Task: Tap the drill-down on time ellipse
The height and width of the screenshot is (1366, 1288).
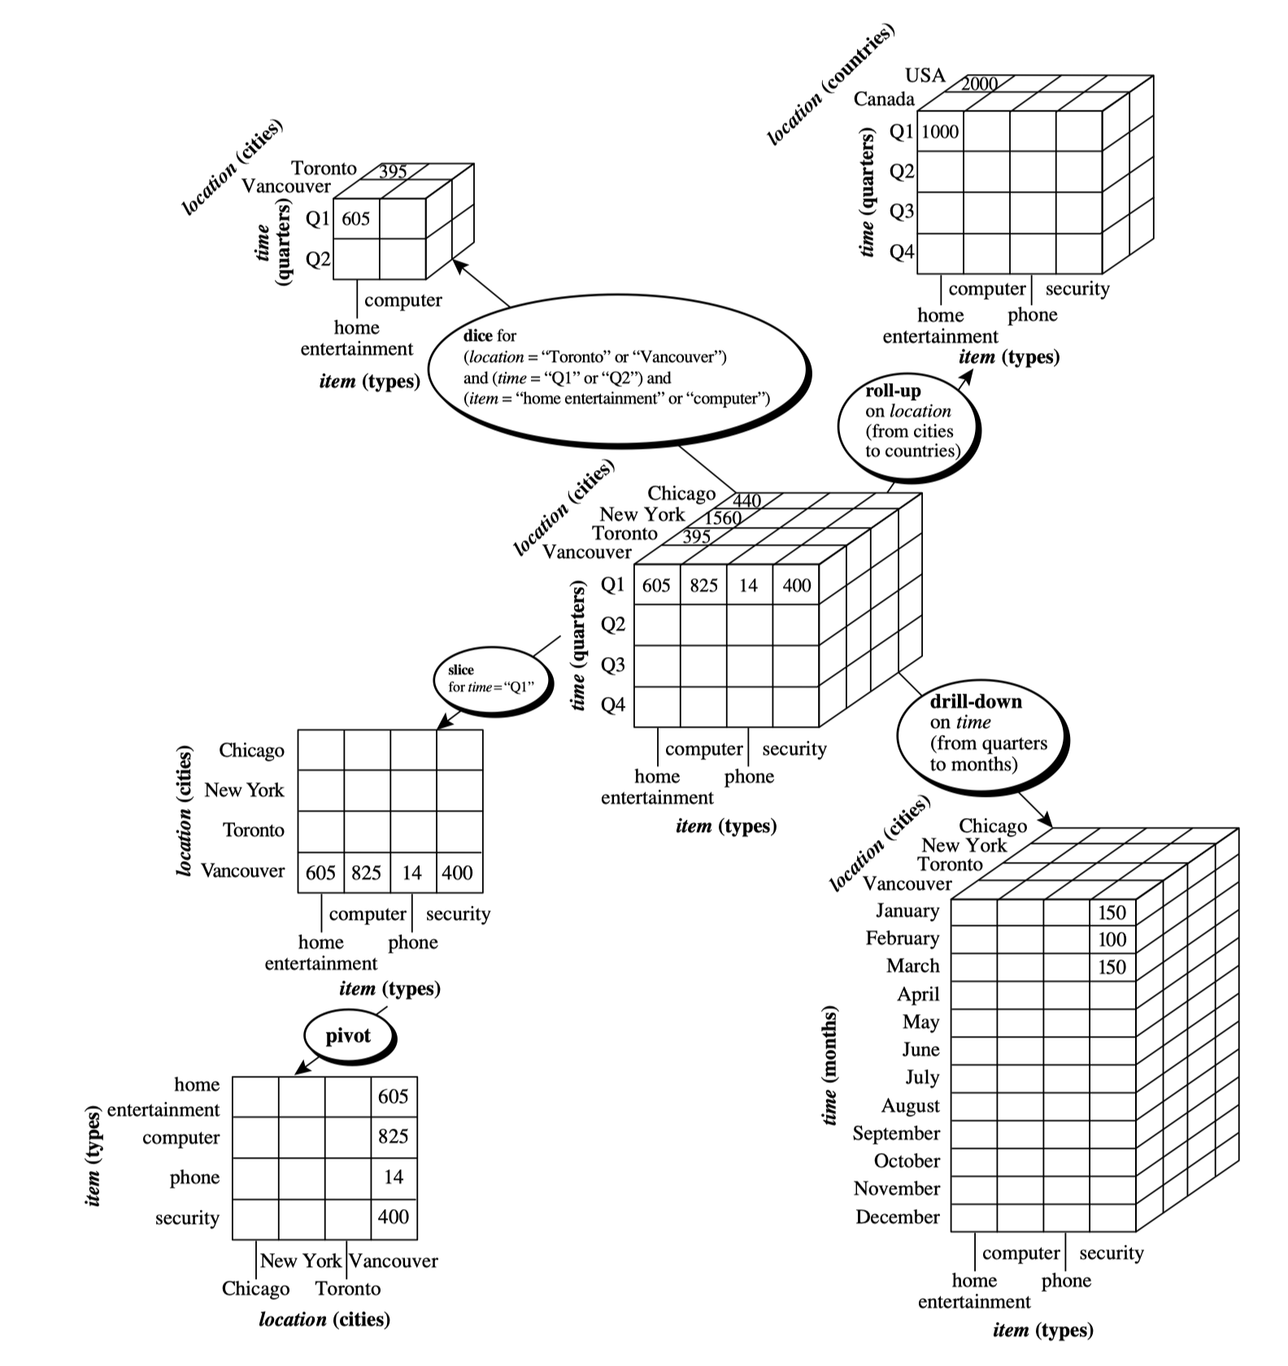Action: pyautogui.click(x=981, y=733)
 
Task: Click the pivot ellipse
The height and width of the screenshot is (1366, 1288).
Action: pyautogui.click(x=348, y=1036)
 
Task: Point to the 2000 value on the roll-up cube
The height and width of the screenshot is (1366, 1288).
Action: pyautogui.click(x=979, y=84)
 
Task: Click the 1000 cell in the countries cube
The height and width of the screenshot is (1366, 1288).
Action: pyautogui.click(x=940, y=132)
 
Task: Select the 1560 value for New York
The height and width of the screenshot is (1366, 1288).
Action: pyautogui.click(x=723, y=518)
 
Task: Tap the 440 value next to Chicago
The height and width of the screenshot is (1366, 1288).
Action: pyautogui.click(x=747, y=500)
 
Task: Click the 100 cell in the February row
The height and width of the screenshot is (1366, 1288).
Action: pyautogui.click(x=1112, y=940)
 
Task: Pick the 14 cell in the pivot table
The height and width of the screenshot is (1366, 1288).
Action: pyautogui.click(x=394, y=1177)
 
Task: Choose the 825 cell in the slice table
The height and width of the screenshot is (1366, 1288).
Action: pyautogui.click(x=366, y=872)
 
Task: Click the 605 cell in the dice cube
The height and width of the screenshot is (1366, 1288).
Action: pyautogui.click(x=355, y=219)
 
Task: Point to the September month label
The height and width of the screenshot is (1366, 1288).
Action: pyautogui.click(x=895, y=1133)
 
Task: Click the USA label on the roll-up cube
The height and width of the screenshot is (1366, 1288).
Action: pyautogui.click(x=925, y=76)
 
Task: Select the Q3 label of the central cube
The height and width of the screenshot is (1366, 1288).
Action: pyautogui.click(x=613, y=664)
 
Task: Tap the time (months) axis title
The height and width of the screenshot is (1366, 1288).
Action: pyautogui.click(x=829, y=1065)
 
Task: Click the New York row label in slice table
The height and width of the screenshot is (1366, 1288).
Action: pyautogui.click(x=244, y=790)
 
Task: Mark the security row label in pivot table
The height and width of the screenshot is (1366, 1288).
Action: pyautogui.click(x=187, y=1218)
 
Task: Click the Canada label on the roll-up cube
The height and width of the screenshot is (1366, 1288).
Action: pyautogui.click(x=884, y=99)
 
